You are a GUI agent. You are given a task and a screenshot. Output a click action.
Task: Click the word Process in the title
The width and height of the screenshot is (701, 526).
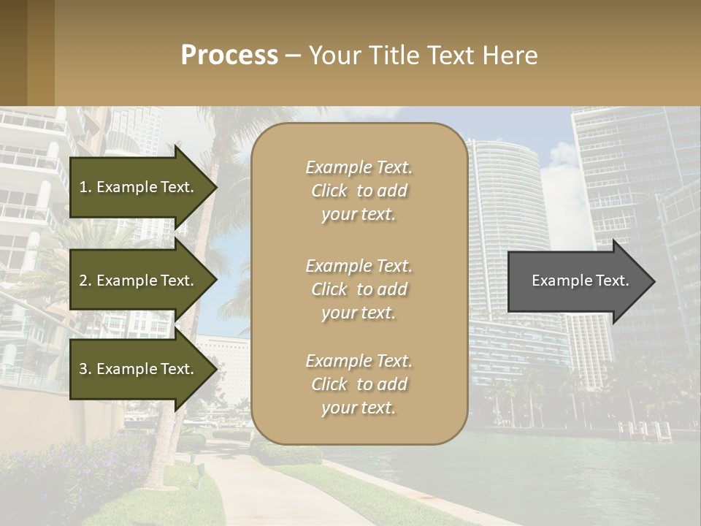229,56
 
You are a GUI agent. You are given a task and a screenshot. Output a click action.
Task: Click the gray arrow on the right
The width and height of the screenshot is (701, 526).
577,281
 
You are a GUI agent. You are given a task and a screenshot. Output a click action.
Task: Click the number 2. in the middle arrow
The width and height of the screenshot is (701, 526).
85,281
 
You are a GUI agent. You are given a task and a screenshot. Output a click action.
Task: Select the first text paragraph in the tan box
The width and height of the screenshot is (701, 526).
359,191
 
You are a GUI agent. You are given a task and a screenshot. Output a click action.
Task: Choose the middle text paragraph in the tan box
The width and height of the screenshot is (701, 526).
359,289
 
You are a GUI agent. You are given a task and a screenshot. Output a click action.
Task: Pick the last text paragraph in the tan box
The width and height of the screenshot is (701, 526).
359,384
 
